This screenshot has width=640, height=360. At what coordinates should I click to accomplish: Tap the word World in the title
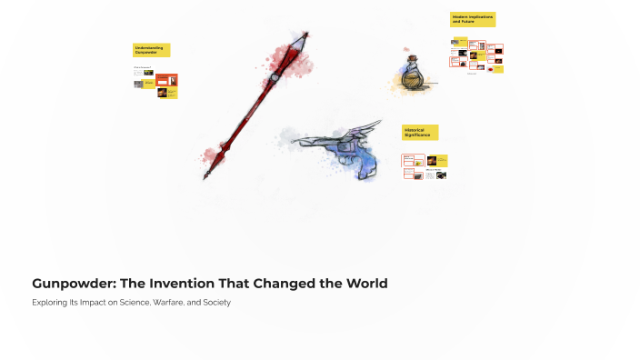pyautogui.click(x=363, y=284)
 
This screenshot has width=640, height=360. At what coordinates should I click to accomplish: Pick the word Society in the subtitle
pyautogui.click(x=213, y=302)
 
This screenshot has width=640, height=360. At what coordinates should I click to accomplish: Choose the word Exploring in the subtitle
pyautogui.click(x=50, y=302)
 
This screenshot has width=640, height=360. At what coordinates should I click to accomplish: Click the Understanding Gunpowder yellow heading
pyautogui.click(x=151, y=50)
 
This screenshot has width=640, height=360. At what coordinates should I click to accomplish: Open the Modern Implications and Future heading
pyautogui.click(x=472, y=19)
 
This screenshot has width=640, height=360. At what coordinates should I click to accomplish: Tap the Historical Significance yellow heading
pyautogui.click(x=420, y=133)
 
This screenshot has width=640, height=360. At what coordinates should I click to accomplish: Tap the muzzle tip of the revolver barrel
pyautogui.click(x=293, y=142)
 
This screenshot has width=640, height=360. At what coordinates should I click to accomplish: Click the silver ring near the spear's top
pyautogui.click(x=275, y=78)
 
